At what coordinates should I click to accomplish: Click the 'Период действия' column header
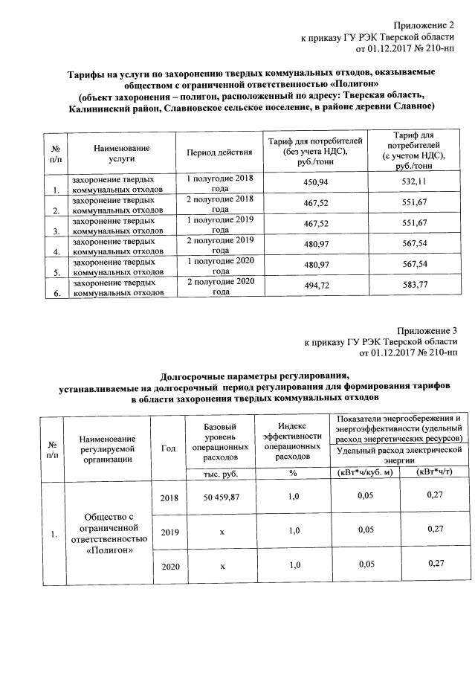coord(219,153)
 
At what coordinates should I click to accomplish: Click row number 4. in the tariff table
coord(56,252)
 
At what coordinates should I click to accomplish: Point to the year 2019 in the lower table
coord(169,531)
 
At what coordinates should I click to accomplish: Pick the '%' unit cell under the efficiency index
coord(293,473)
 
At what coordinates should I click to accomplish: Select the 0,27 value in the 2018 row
coord(432,495)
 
